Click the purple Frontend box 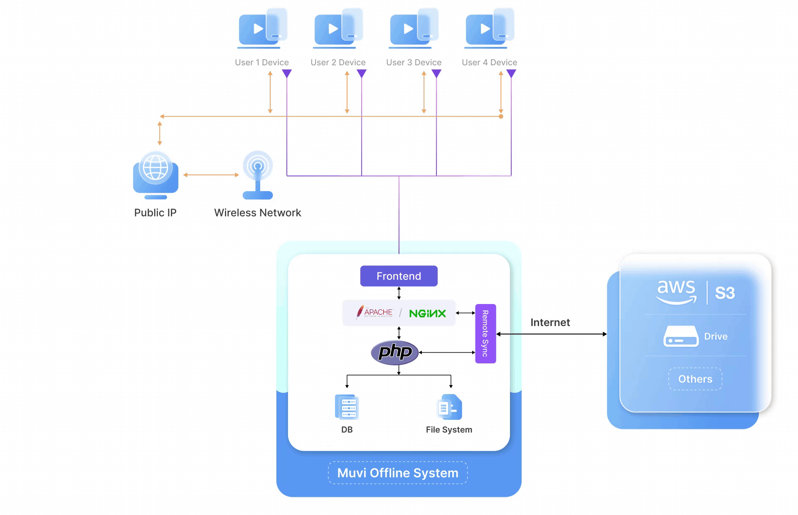pyautogui.click(x=399, y=276)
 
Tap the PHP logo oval pyautogui.click(x=394, y=353)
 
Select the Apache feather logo pyautogui.click(x=360, y=312)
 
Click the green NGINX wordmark pyautogui.click(x=427, y=313)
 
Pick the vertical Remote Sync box pyautogui.click(x=485, y=334)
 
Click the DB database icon pyautogui.click(x=347, y=407)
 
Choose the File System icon pyautogui.click(x=449, y=407)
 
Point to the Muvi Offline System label pyautogui.click(x=398, y=473)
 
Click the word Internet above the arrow pyautogui.click(x=550, y=322)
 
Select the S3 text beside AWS pyautogui.click(x=725, y=293)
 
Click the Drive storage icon pyautogui.click(x=681, y=336)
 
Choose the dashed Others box pyautogui.click(x=695, y=379)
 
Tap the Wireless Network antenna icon pyautogui.click(x=258, y=175)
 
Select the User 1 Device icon pyautogui.click(x=262, y=28)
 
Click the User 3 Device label pyautogui.click(x=414, y=62)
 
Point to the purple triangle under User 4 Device pyautogui.click(x=511, y=74)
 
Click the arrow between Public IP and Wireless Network pyautogui.click(x=211, y=175)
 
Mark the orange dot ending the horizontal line pyautogui.click(x=501, y=116)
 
